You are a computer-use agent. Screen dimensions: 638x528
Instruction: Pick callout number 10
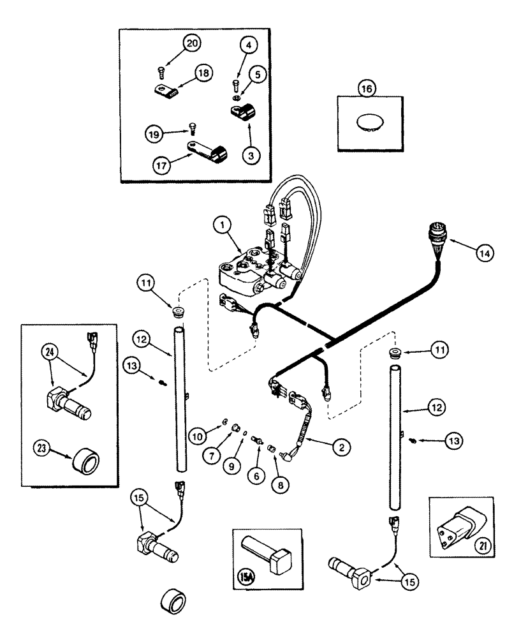198,435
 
